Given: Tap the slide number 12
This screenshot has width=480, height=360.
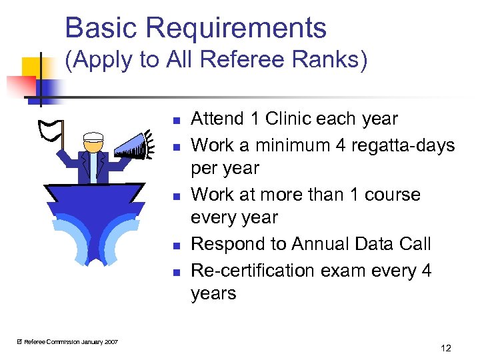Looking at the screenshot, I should coord(446,348).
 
